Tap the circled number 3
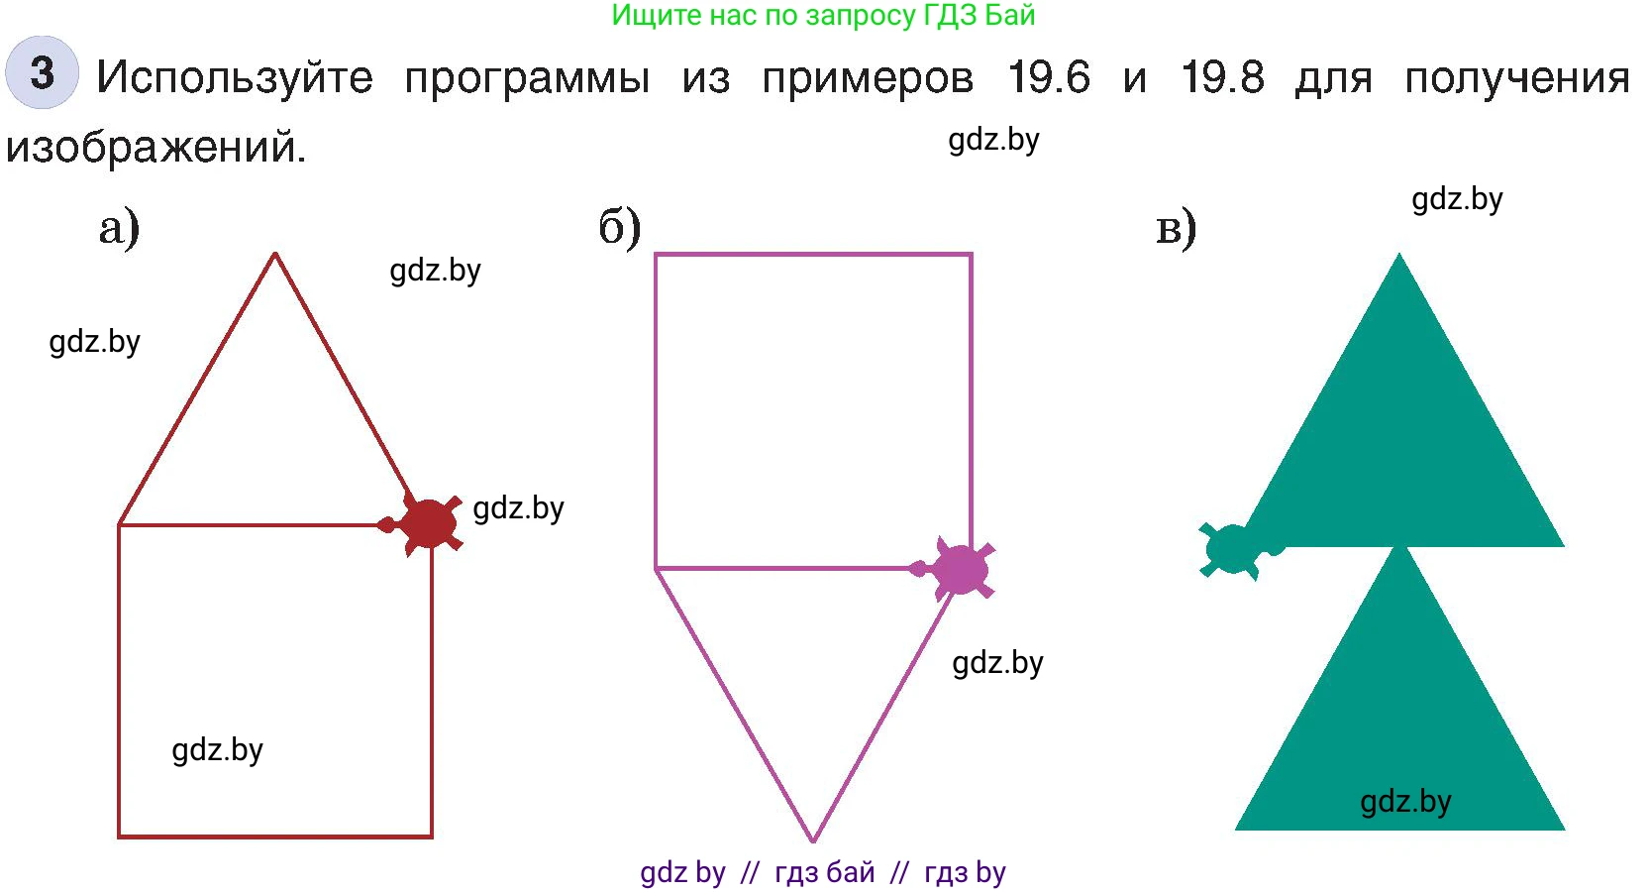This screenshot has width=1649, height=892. [x=42, y=73]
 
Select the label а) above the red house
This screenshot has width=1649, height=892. [x=119, y=228]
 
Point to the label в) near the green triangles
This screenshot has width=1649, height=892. [x=1177, y=228]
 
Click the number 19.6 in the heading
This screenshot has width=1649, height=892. [x=1048, y=76]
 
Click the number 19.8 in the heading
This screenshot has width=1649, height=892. [x=1222, y=76]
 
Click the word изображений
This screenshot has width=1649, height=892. [x=155, y=147]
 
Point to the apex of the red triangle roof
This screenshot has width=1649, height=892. [x=274, y=254]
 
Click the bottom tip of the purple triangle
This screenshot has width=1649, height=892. [x=813, y=840]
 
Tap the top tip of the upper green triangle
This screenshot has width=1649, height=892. [x=1399, y=254]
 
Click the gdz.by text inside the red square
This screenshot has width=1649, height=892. [x=217, y=750]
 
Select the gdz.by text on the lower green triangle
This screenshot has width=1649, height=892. [x=1405, y=802]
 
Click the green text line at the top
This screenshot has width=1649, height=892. [x=823, y=16]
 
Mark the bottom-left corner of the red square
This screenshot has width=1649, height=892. [x=119, y=836]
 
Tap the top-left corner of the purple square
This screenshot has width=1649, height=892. [x=656, y=255]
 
